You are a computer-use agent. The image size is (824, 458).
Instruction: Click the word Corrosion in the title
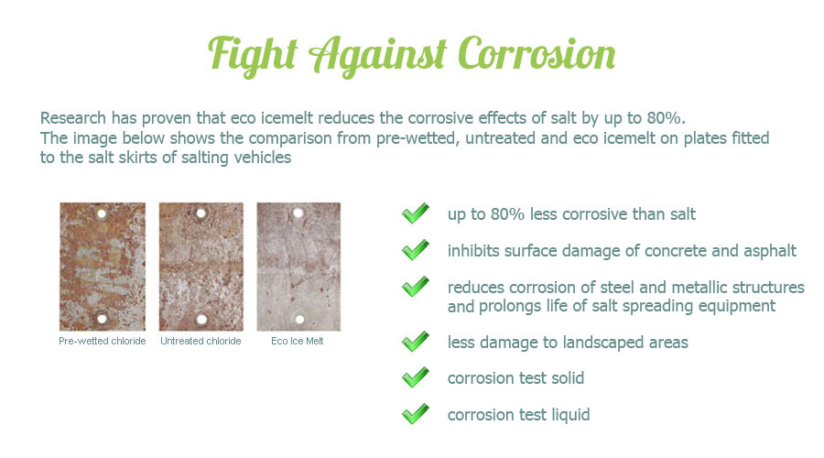537,54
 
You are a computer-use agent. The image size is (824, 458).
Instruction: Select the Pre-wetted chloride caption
103,341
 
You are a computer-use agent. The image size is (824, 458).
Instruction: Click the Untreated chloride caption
201,341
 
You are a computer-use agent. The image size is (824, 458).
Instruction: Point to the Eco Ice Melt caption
298,341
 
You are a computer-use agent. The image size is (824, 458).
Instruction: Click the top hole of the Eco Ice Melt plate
298,213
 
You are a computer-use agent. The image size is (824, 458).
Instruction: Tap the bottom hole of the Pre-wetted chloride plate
102,319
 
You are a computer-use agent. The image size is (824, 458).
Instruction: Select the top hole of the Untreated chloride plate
201,213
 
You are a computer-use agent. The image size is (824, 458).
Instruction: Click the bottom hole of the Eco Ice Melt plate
299,319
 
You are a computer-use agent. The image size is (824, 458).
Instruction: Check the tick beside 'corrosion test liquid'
415,414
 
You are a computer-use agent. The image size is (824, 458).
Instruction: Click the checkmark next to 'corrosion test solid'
415,377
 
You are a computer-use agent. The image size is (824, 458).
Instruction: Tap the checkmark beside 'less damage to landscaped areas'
415,342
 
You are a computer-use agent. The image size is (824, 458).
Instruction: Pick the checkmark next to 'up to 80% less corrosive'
415,213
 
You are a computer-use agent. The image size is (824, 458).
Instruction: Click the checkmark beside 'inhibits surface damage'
415,250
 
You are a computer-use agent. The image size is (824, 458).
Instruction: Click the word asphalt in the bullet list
769,251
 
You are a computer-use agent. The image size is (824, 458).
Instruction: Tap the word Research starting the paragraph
73,118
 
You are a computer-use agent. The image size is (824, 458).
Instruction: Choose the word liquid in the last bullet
570,415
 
